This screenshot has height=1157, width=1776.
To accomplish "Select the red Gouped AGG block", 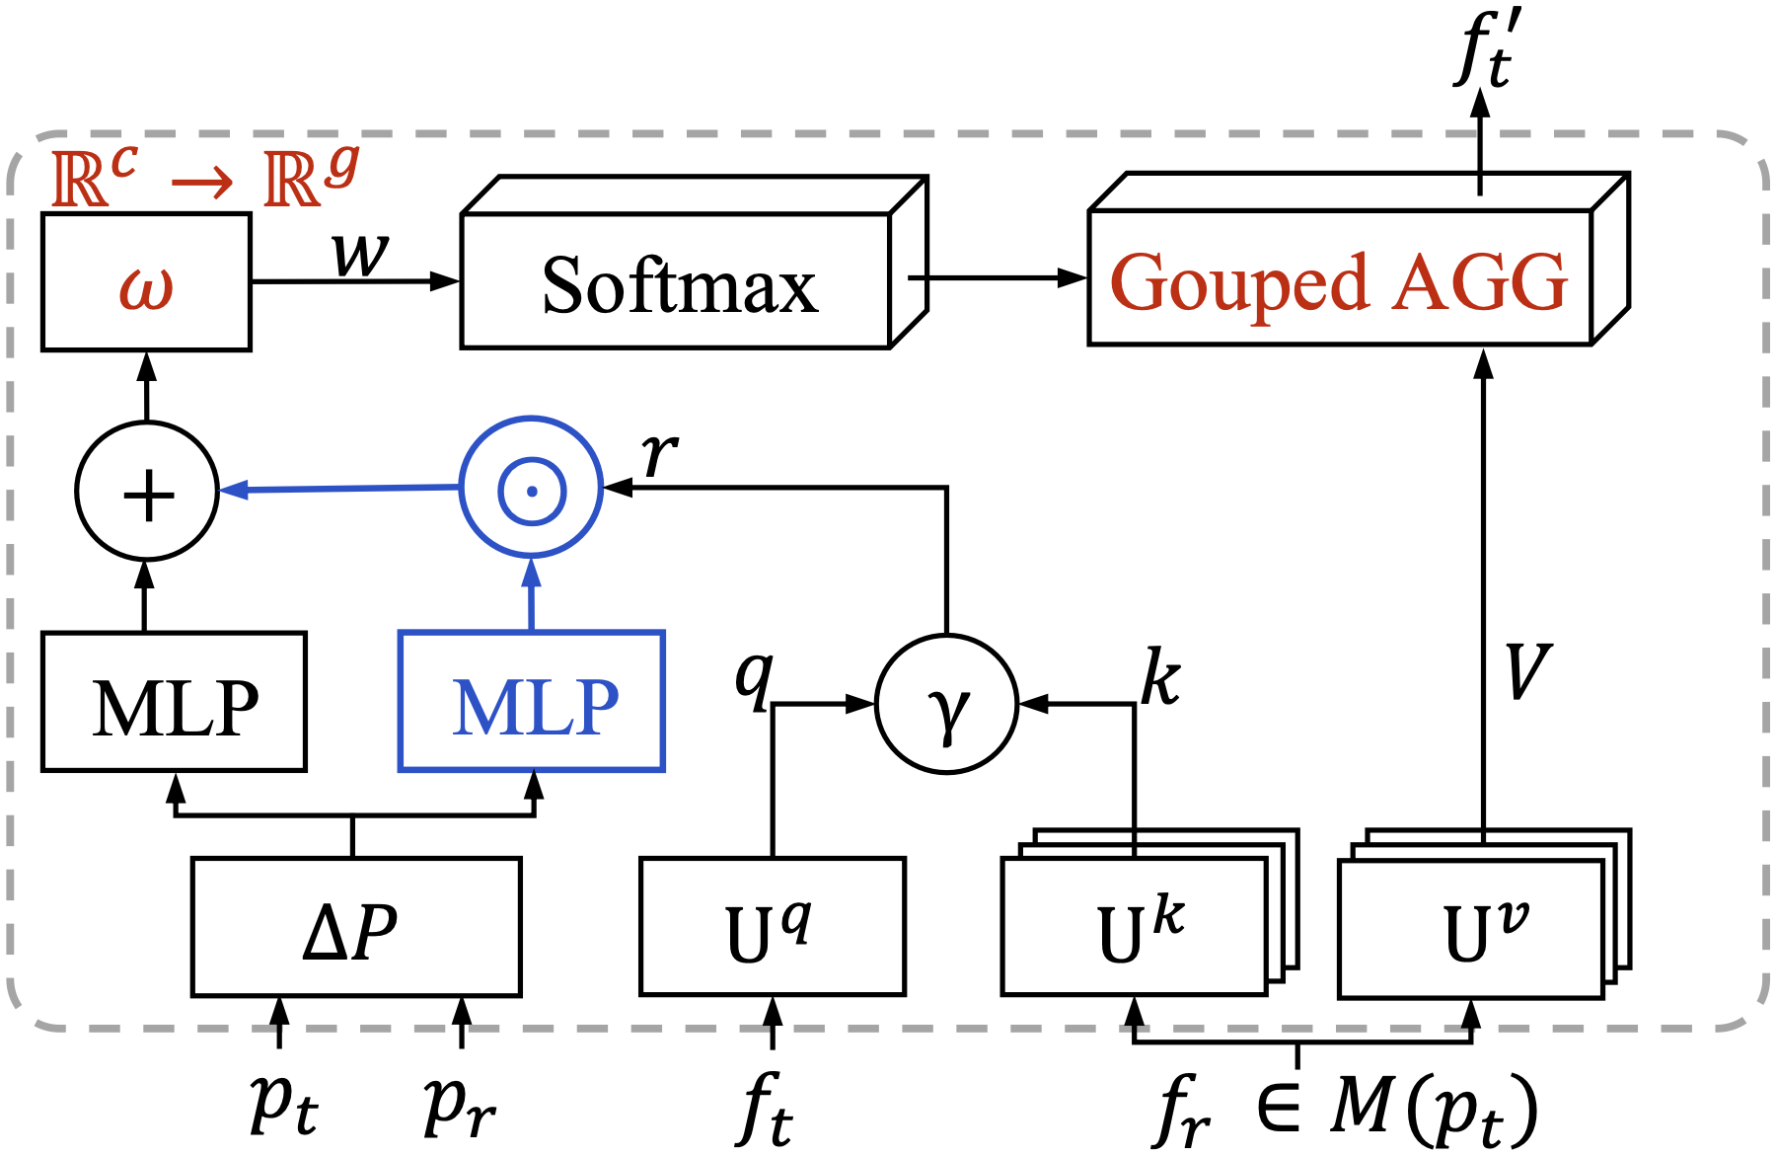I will pos(1340,280).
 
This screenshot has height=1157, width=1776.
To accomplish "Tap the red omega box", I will pos(146,283).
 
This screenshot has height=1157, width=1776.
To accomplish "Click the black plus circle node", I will pos(147,492).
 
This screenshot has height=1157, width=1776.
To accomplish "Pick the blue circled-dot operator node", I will pos(532,489).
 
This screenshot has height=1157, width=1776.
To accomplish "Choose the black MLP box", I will pos(175,703).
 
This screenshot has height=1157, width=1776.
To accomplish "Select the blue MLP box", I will pos(532,703).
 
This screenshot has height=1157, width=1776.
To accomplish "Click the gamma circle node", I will pos(946,705).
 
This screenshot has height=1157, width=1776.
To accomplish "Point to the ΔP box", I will pos(355,928).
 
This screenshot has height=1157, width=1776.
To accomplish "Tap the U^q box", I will pos(772,928).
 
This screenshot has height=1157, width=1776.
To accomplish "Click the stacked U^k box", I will pos(1135,928).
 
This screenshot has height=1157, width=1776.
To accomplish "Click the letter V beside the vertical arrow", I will pos(1528,673).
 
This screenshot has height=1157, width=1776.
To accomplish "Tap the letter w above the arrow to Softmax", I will pos(361,255).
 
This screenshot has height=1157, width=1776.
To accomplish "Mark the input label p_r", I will pos(459,1106).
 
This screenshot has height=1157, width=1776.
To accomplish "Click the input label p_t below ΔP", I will pos(283,1106).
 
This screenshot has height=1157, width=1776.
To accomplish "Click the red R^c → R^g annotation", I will pos(205,178).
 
